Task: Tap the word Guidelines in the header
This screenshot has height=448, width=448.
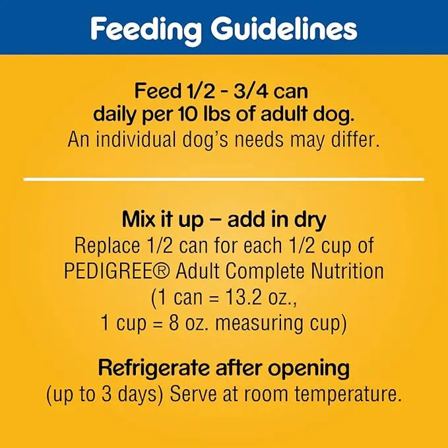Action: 284,29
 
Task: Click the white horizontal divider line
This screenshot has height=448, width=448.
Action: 224,179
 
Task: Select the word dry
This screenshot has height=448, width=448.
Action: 309,220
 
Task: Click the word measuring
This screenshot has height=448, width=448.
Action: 278,323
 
